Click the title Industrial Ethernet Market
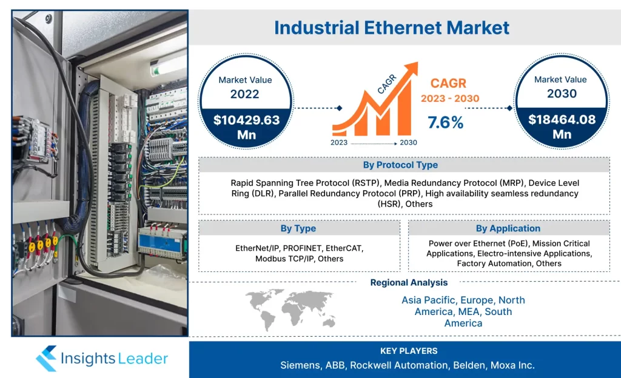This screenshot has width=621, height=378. point(392,28)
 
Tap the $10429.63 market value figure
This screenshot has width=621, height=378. point(246,120)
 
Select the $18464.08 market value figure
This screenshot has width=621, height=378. point(562,119)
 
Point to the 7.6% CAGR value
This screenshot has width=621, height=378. point(446,122)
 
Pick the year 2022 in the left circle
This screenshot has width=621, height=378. point(245,94)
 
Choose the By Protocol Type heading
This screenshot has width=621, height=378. point(400,165)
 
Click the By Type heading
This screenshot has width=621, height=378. point(298,228)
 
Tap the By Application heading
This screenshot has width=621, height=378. point(508,228)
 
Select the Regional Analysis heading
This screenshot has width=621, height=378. point(409,283)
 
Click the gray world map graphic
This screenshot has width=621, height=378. point(291,310)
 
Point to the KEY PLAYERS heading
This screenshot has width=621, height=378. point(409,351)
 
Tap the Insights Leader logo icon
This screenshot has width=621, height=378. point(46,359)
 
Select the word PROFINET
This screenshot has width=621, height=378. point(302,248)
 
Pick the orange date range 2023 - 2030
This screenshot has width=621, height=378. point(450,99)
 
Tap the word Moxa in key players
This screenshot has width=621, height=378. point(501,365)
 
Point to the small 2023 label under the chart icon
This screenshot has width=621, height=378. point(339,143)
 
